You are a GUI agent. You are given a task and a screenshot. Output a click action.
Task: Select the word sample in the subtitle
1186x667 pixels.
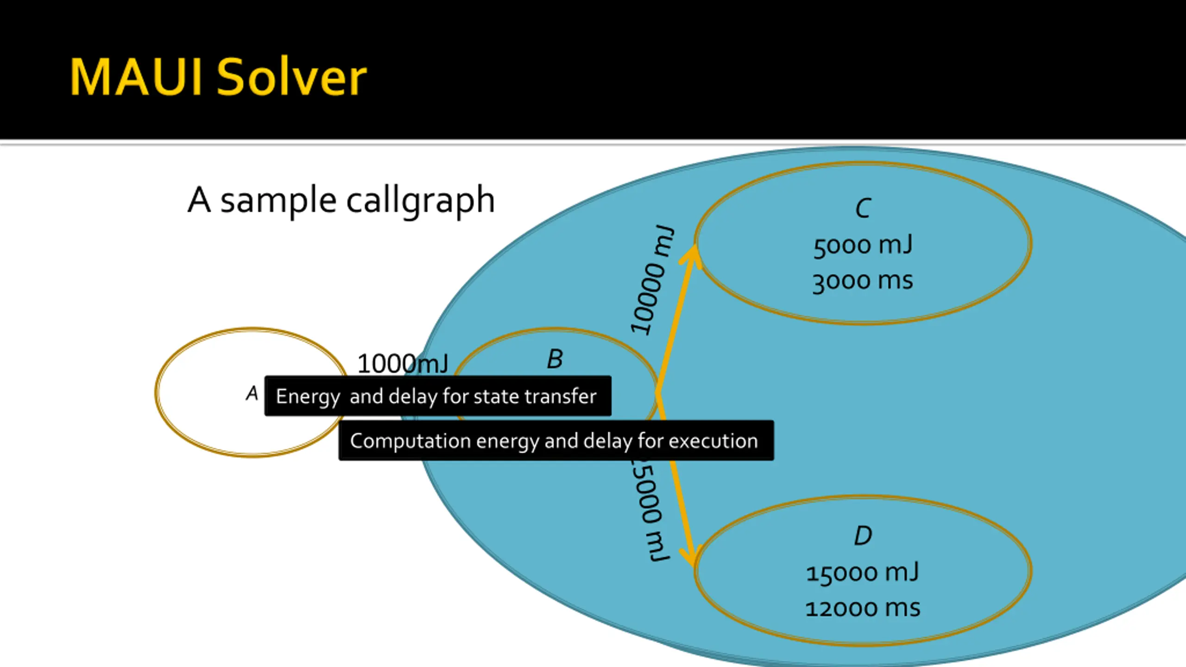278,201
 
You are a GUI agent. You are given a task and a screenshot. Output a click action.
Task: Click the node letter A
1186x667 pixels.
252,394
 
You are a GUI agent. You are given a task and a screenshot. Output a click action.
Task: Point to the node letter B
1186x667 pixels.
555,359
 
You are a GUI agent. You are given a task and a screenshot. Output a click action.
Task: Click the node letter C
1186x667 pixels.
863,208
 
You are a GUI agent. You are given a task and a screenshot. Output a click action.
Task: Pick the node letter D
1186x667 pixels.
863,535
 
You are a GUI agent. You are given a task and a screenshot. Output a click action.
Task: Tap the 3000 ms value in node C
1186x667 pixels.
863,281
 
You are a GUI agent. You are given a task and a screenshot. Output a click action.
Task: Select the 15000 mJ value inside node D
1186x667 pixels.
863,573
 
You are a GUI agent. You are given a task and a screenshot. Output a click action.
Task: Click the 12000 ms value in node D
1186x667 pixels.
863,608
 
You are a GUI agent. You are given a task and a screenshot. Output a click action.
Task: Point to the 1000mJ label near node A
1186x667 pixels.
403,363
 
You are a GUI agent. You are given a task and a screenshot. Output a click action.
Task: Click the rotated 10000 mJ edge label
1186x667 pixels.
651,280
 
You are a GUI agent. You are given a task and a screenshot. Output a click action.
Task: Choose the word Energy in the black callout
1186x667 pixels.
308,396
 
